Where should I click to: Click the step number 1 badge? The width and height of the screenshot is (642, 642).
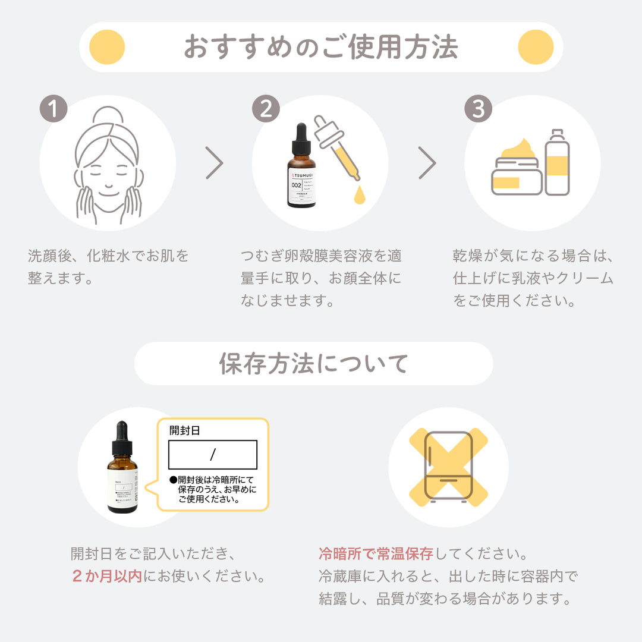coord(53,109)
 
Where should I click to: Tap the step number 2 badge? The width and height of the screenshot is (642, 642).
coord(266,109)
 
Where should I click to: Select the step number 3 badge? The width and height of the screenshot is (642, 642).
coord(478,109)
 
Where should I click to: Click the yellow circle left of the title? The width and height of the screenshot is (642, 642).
coord(106,47)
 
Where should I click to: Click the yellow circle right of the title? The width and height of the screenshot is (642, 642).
coord(536,47)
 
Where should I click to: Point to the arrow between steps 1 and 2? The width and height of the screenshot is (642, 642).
coord(215,163)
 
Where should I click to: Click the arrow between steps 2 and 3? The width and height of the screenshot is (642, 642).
coord(427,163)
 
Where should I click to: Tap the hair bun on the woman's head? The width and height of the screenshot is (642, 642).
coord(107,118)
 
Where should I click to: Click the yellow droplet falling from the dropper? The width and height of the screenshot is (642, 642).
coord(358,195)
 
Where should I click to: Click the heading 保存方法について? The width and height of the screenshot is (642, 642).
coord(313,364)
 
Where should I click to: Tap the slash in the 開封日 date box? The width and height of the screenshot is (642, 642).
coord(212,455)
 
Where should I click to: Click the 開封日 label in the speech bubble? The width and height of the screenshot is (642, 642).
coord(185,430)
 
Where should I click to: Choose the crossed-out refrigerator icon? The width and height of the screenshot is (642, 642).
coord(448,467)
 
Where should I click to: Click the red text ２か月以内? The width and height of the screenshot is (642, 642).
coord(107,576)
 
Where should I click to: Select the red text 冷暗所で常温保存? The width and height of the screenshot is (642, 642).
coord(376,555)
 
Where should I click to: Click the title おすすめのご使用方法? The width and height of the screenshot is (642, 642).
coord(321,47)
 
